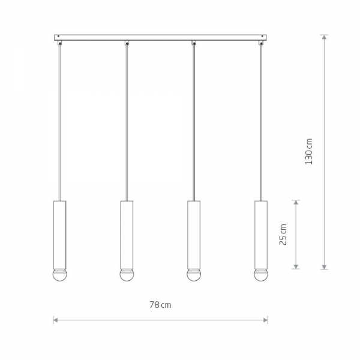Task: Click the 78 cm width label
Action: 160,305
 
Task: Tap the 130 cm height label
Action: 309,151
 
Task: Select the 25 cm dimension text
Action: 283,235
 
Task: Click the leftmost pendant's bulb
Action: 59,275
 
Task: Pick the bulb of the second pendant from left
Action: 127,275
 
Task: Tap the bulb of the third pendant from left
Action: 194,275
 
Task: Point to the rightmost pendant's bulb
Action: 261,275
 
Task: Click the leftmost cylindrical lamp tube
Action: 59,235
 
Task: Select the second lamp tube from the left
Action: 127,235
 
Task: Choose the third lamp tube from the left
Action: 194,235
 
